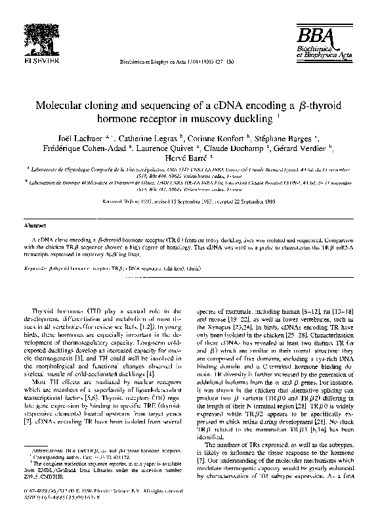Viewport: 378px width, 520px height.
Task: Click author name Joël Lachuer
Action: [102, 139]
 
